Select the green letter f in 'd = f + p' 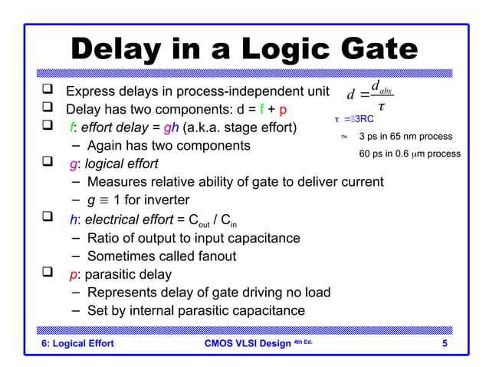coord(262,109)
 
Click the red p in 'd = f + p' coord(283,110)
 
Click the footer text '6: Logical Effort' coord(77,343)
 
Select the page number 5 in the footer coord(445,343)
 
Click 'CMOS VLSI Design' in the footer coord(243,343)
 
